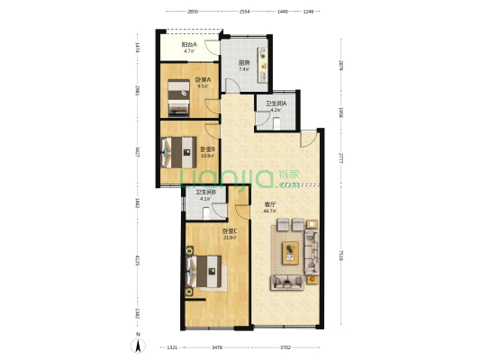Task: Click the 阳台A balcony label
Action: coord(190,45)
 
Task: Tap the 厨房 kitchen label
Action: coord(244,63)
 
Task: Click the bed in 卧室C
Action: coord(204,269)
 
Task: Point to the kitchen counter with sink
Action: coord(263,58)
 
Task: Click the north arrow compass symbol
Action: coord(138,341)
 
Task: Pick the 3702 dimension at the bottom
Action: coord(285,346)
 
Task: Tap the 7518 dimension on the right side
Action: coord(341,256)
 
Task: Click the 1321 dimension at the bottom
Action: coord(171,346)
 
